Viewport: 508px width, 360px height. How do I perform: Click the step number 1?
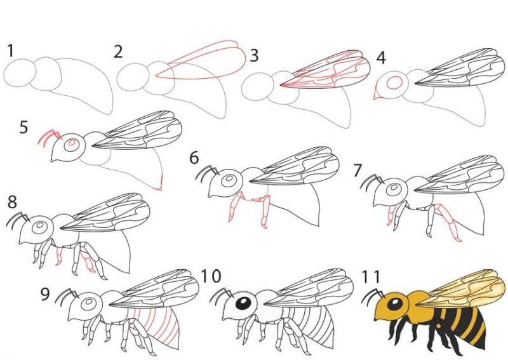[x=10, y=51]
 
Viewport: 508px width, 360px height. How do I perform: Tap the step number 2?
[x=118, y=52]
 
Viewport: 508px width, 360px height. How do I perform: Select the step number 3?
[x=255, y=55]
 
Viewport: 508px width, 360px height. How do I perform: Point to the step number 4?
[x=381, y=58]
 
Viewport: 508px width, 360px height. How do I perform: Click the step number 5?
[x=23, y=127]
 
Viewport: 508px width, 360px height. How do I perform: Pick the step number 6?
[x=194, y=158]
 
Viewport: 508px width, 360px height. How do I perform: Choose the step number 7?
[x=357, y=171]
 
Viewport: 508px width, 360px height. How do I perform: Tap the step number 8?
[x=12, y=201]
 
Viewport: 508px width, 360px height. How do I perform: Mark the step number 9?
[x=45, y=294]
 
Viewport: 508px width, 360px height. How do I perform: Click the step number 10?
[x=211, y=276]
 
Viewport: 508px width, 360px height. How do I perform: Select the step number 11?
[x=370, y=276]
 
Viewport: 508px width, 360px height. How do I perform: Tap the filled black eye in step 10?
[x=243, y=303]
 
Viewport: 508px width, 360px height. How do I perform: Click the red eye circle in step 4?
[x=394, y=83]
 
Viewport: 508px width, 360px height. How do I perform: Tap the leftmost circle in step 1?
[x=20, y=72]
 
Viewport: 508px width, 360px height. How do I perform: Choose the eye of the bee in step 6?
[x=230, y=180]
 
